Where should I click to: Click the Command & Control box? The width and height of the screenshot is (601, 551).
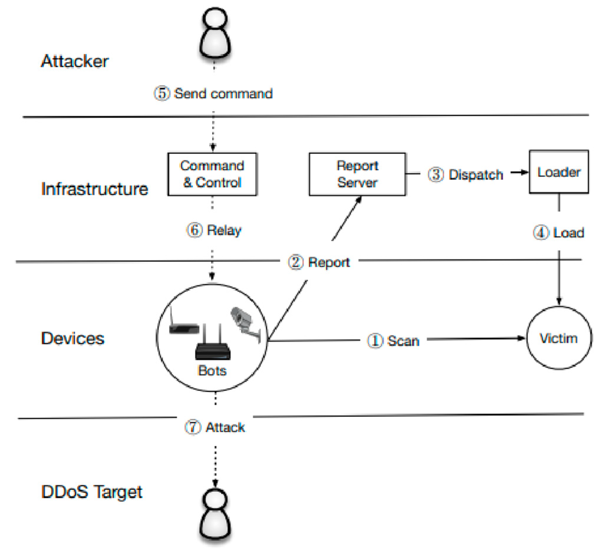(x=212, y=174)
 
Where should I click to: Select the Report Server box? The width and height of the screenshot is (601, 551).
(x=357, y=174)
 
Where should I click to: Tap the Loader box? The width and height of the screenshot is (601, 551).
(x=558, y=172)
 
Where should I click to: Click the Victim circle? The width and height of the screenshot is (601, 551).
(x=559, y=338)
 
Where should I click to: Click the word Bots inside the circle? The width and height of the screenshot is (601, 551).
(x=212, y=371)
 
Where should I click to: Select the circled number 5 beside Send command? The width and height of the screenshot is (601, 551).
(x=162, y=93)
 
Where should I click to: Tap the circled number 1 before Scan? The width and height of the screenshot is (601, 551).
(x=375, y=341)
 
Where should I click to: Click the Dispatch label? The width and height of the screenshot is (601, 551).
(x=476, y=175)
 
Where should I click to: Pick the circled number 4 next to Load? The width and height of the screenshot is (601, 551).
(x=541, y=232)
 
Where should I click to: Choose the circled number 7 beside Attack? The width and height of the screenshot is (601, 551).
(x=193, y=427)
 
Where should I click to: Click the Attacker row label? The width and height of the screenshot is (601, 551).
(x=75, y=61)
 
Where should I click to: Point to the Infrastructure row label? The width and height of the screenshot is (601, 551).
(x=95, y=189)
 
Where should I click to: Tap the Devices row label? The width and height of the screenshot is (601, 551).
(x=73, y=339)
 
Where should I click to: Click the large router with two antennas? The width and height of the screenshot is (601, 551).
(x=212, y=346)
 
